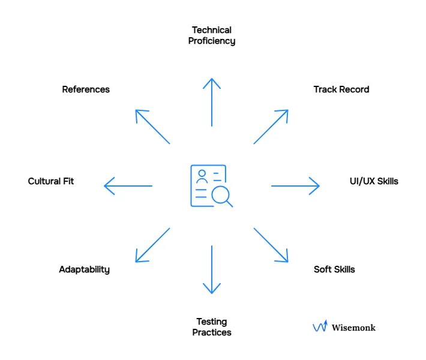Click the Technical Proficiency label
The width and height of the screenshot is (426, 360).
coord(211,35)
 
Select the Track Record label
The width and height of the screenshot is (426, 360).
coord(341,89)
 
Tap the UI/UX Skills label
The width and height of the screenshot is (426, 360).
coord(374,181)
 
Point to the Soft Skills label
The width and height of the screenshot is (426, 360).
coord(334,269)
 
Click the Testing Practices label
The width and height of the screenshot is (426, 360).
coord(211,327)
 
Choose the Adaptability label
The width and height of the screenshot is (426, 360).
coord(84,269)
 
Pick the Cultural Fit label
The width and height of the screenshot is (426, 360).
coord(51,181)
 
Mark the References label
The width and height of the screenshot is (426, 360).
coord(86,89)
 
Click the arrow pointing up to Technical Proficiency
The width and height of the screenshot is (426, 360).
coord(211,102)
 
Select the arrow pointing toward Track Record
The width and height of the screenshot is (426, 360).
coord(271,127)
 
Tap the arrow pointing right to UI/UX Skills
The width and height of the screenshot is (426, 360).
coord(295,186)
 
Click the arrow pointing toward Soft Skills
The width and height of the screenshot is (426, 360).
coord(271,245)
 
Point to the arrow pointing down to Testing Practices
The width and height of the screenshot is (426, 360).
coord(211,269)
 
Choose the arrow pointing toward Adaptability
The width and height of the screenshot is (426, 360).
coord(152,245)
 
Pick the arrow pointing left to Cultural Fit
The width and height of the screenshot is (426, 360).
coord(128,186)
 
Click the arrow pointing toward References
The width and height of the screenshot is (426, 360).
coord(152,127)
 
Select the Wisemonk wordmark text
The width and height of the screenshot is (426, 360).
coord(353,328)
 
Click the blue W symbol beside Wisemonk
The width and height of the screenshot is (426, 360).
coord(320,326)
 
